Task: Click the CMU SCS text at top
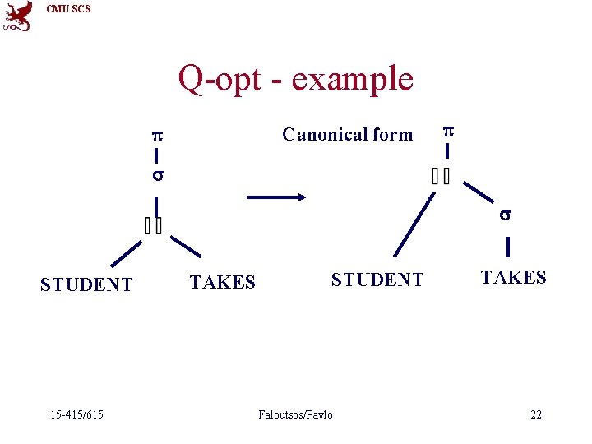coord(69,9)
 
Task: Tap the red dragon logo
coord(18,16)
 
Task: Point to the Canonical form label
coord(347,135)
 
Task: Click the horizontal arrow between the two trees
coord(276,197)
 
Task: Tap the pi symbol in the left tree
coord(155,135)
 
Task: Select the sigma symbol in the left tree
coord(156,176)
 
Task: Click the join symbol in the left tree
coord(153,225)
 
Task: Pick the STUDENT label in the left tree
coord(86,285)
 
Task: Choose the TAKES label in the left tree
coord(222,283)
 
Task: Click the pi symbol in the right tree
coord(448,130)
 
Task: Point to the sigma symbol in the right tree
coord(507,215)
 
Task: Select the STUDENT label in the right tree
coord(377,280)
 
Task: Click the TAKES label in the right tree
coord(513,278)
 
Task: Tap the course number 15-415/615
coord(75,414)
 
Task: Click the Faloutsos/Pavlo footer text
coord(295,414)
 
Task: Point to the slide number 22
coord(536,414)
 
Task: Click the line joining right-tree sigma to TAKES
coord(508,247)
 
